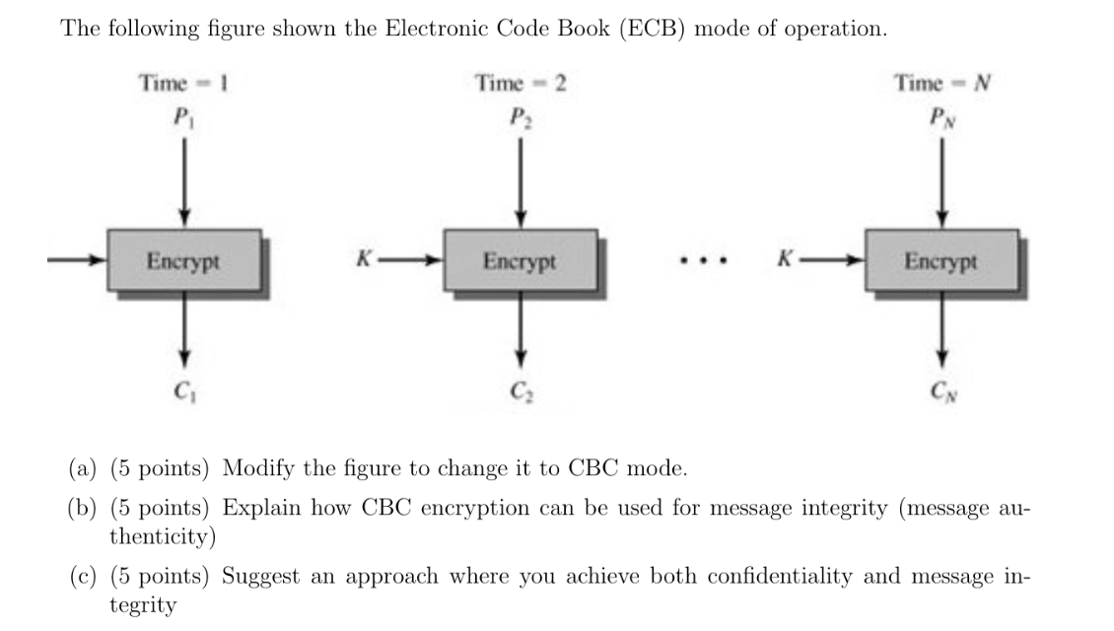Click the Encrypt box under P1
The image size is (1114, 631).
pos(184,261)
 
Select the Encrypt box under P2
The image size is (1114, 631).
pos(521,261)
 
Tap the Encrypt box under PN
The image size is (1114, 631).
pos(941,261)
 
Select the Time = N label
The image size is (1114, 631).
pos(941,83)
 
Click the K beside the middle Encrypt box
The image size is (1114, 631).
pos(365,261)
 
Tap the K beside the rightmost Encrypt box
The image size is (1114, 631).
pos(785,261)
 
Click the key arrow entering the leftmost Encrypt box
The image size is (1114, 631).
pos(76,261)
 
